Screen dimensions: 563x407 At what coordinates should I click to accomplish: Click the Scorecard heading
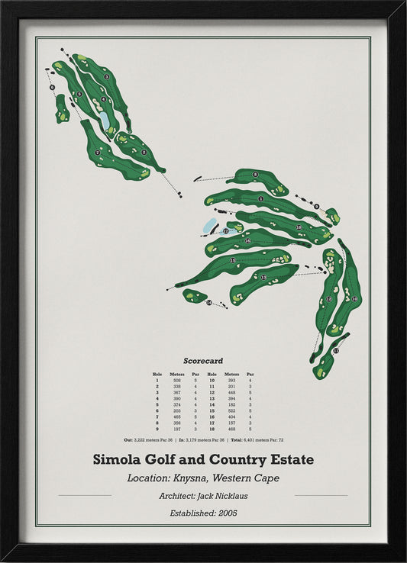(x=202, y=360)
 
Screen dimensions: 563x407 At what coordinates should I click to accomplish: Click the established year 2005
(x=227, y=513)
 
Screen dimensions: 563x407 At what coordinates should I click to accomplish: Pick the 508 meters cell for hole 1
(x=177, y=380)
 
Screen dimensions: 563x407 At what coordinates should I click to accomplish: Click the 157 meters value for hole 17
(x=231, y=423)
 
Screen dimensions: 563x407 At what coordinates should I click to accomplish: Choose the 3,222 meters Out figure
(x=143, y=440)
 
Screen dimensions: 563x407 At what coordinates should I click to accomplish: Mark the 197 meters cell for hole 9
(x=177, y=429)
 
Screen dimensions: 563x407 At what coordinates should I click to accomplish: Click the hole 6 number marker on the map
(x=52, y=88)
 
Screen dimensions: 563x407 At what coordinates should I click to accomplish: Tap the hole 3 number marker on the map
(x=106, y=76)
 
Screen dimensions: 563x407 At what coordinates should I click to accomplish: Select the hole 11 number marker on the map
(x=335, y=351)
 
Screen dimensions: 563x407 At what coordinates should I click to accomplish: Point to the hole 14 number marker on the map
(x=208, y=303)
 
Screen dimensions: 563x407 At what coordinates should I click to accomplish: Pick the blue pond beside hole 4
(x=104, y=121)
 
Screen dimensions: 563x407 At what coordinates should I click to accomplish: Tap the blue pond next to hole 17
(x=208, y=227)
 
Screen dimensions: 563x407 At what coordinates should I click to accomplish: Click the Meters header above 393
(x=231, y=374)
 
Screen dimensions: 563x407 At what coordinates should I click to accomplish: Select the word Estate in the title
(x=289, y=460)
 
